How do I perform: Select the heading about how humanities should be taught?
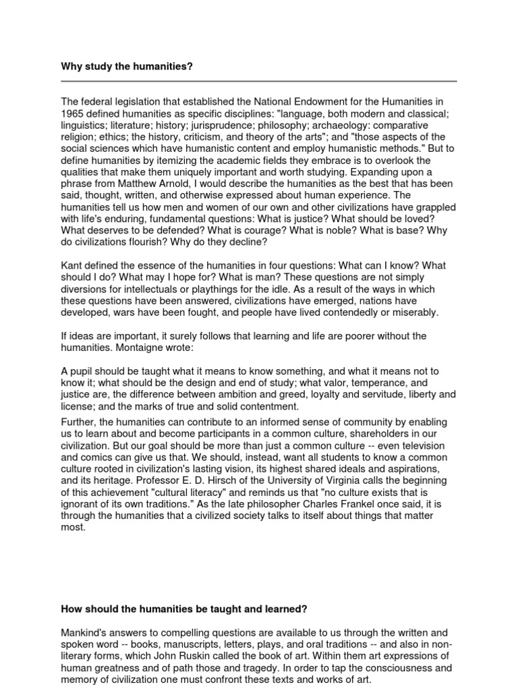coord(184,609)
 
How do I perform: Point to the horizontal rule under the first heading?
coord(259,81)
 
